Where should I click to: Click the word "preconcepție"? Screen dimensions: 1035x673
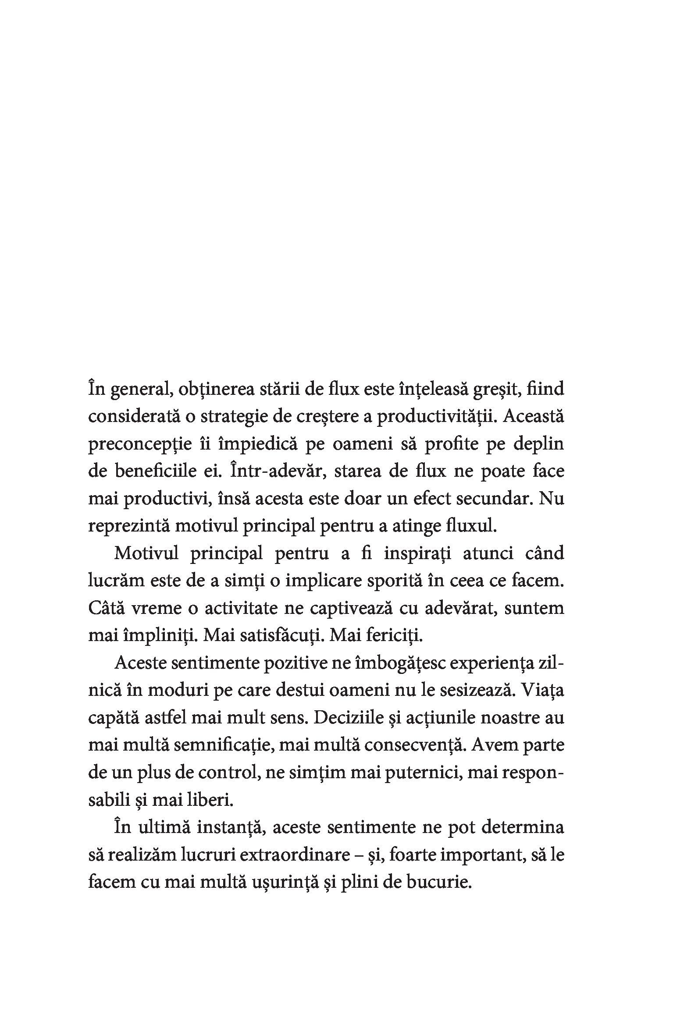pyautogui.click(x=140, y=445)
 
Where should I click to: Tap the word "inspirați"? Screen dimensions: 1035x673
pyautogui.click(x=418, y=554)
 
